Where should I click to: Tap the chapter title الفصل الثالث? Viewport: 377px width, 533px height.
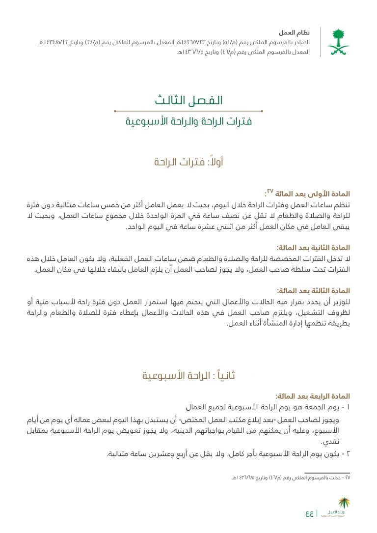coord(188,100)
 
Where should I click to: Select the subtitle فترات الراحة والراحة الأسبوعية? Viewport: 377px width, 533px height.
coord(188,121)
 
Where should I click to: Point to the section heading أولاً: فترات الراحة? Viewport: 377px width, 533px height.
coord(188,162)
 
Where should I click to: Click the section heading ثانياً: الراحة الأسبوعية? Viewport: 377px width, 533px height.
coord(188,376)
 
